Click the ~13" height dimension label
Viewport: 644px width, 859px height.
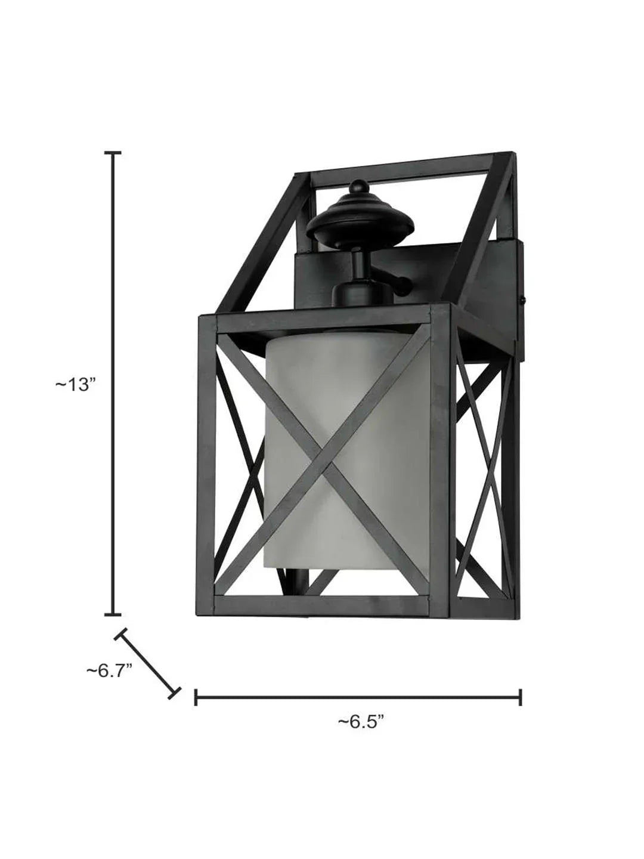[76, 385]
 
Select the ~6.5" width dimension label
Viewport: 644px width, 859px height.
[360, 722]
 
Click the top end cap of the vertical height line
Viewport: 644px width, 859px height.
[113, 153]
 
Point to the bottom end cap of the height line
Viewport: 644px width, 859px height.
[113, 614]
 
